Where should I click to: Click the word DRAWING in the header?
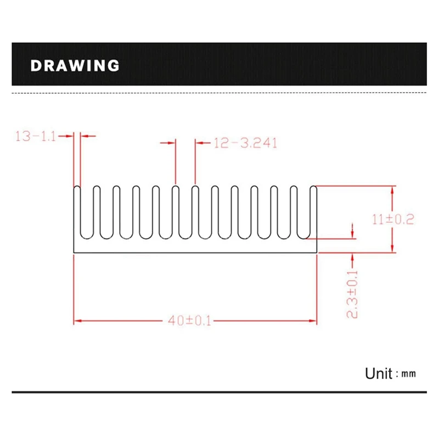[x=75, y=66]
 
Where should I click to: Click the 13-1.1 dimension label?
[x=36, y=137]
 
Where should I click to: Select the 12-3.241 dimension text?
[x=245, y=143]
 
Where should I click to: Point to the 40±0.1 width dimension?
[x=190, y=321]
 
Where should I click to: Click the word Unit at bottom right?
[x=378, y=374]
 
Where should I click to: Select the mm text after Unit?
[x=409, y=375]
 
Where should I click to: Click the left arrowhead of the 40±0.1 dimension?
[x=77, y=321]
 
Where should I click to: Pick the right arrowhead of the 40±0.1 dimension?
[x=314, y=321]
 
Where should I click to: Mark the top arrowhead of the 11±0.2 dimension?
[x=392, y=190]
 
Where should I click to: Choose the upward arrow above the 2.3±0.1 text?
[x=353, y=256]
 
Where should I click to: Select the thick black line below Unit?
[x=219, y=392]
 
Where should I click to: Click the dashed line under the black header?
[x=219, y=94]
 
